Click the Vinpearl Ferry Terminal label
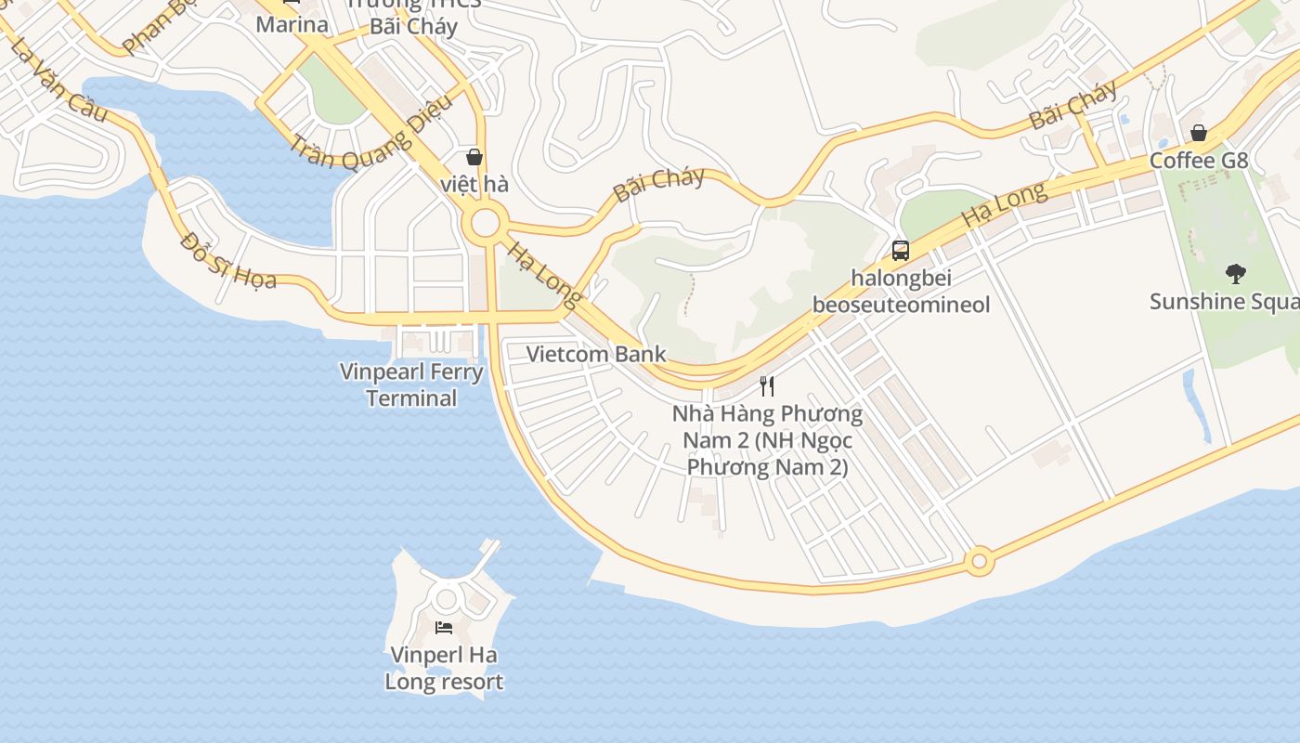[x=411, y=385]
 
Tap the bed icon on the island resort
[x=444, y=628]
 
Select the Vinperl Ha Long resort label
[x=444, y=668]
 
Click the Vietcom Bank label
[x=596, y=354]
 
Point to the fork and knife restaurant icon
[x=767, y=385]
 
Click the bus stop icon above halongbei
[x=900, y=250]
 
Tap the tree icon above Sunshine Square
[x=1235, y=273]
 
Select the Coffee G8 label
[x=1199, y=161]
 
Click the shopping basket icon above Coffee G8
[x=1199, y=133]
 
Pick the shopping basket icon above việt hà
[x=474, y=156]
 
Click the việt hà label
[x=474, y=184]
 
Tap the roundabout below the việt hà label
[x=485, y=223]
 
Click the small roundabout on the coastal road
[x=978, y=561]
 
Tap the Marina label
[x=292, y=24]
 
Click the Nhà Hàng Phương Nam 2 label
[x=767, y=439]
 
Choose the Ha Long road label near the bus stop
[x=1004, y=205]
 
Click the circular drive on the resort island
[x=446, y=599]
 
